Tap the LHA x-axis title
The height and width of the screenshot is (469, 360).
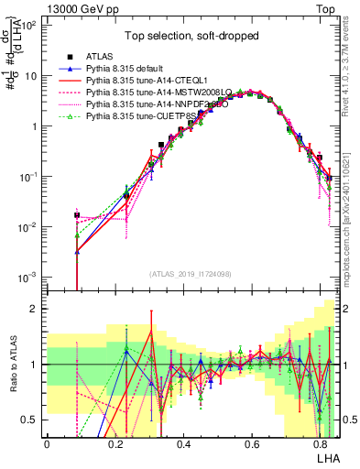pos(326,457)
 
